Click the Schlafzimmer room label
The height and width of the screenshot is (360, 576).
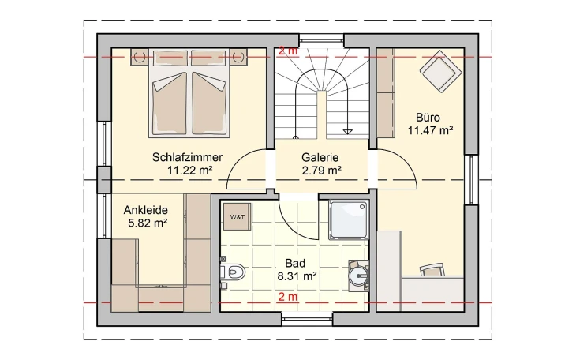[187, 157]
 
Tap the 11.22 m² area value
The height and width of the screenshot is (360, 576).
[187, 170]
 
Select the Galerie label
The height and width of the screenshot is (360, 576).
[320, 157]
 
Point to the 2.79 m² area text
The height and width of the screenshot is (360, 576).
[320, 170]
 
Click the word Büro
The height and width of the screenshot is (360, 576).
[428, 118]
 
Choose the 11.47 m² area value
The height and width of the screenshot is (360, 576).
[429, 130]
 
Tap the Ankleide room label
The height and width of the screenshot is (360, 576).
[145, 211]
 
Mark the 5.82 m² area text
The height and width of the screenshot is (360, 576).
[145, 223]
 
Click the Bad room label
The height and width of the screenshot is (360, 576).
[297, 264]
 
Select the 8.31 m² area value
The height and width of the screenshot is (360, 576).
[297, 276]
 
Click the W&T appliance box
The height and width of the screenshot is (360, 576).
[237, 216]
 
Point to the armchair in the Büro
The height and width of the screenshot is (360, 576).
[439, 74]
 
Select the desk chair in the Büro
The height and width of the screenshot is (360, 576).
[431, 269]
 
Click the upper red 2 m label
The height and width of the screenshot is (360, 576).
[286, 51]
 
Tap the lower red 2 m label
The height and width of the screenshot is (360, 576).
[287, 297]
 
